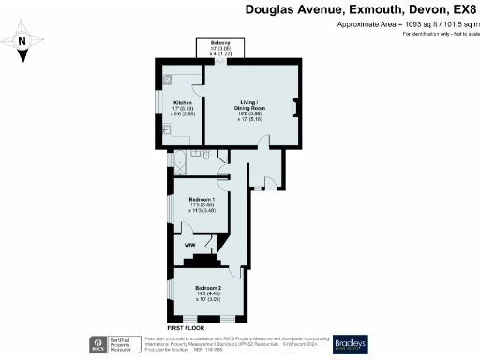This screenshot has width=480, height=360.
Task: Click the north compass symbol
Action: point(23,42)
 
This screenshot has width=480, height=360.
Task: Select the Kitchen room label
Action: point(183,103)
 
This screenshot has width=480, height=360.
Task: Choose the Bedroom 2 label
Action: point(208,288)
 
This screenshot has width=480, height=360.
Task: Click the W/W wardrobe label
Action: point(189,246)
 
